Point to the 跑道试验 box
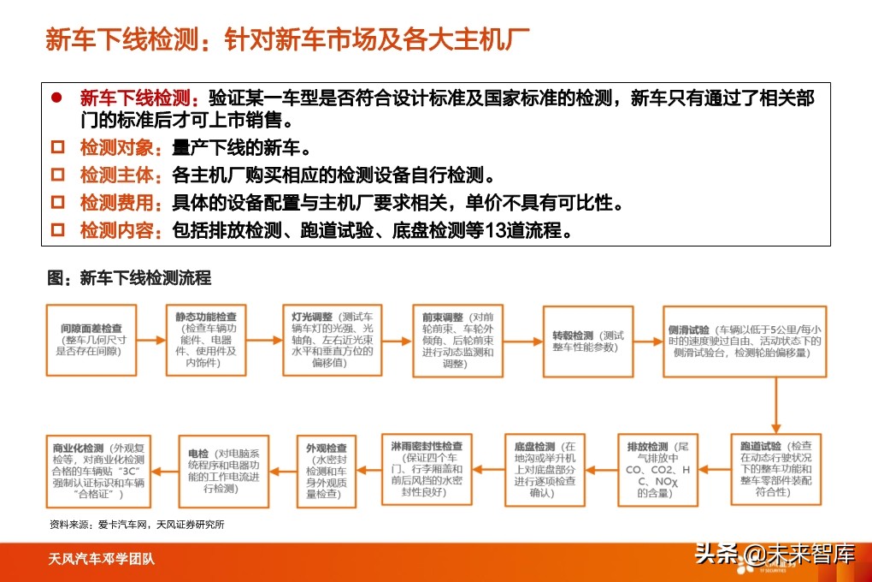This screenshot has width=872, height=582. pyautogui.click(x=777, y=470)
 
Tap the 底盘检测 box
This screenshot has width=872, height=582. pyautogui.click(x=545, y=470)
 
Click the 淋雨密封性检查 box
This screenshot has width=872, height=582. pyautogui.click(x=427, y=470)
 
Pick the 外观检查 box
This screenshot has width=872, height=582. pyautogui.click(x=326, y=470)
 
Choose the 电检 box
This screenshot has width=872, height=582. pyautogui.click(x=223, y=470)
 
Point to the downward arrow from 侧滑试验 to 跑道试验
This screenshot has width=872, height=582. pyautogui.click(x=777, y=405)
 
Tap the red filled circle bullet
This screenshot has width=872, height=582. pyautogui.click(x=57, y=97)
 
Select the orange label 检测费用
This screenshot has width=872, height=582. pyautogui.click(x=120, y=203)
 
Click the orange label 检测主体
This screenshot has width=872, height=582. pyautogui.click(x=120, y=175)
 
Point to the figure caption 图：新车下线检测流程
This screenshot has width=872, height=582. pyautogui.click(x=129, y=278)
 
